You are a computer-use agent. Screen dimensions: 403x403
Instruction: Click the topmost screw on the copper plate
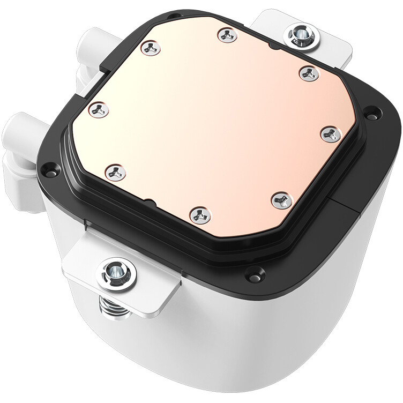[x=227, y=35]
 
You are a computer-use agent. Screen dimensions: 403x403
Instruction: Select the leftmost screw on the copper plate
[x=99, y=110]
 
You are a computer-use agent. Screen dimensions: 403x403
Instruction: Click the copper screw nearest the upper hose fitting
[x=151, y=48]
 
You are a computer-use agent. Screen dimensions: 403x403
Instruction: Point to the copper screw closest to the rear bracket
[x=309, y=73]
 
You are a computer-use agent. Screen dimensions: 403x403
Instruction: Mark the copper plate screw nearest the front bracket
[x=115, y=173]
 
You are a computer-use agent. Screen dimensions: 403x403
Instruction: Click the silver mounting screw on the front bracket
[x=116, y=274]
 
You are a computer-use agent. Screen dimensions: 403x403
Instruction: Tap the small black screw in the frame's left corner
[x=49, y=170]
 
